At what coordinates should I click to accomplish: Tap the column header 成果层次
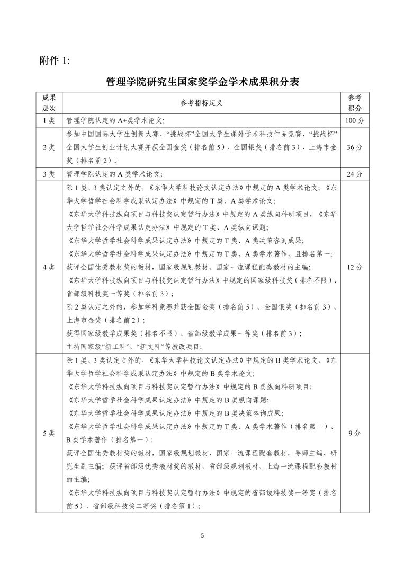[49, 102]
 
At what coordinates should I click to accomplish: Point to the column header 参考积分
[354, 102]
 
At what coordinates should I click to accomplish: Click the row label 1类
[49, 121]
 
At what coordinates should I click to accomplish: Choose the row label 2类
[49, 147]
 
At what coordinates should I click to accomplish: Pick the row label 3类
[49, 174]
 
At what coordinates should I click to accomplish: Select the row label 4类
[49, 267]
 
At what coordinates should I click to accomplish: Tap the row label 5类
[49, 433]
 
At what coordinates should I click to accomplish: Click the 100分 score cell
[354, 121]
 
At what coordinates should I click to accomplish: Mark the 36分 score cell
[354, 147]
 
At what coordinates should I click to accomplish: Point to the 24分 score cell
[354, 174]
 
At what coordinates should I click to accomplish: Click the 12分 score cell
[354, 267]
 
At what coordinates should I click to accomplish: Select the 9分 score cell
[354, 433]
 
